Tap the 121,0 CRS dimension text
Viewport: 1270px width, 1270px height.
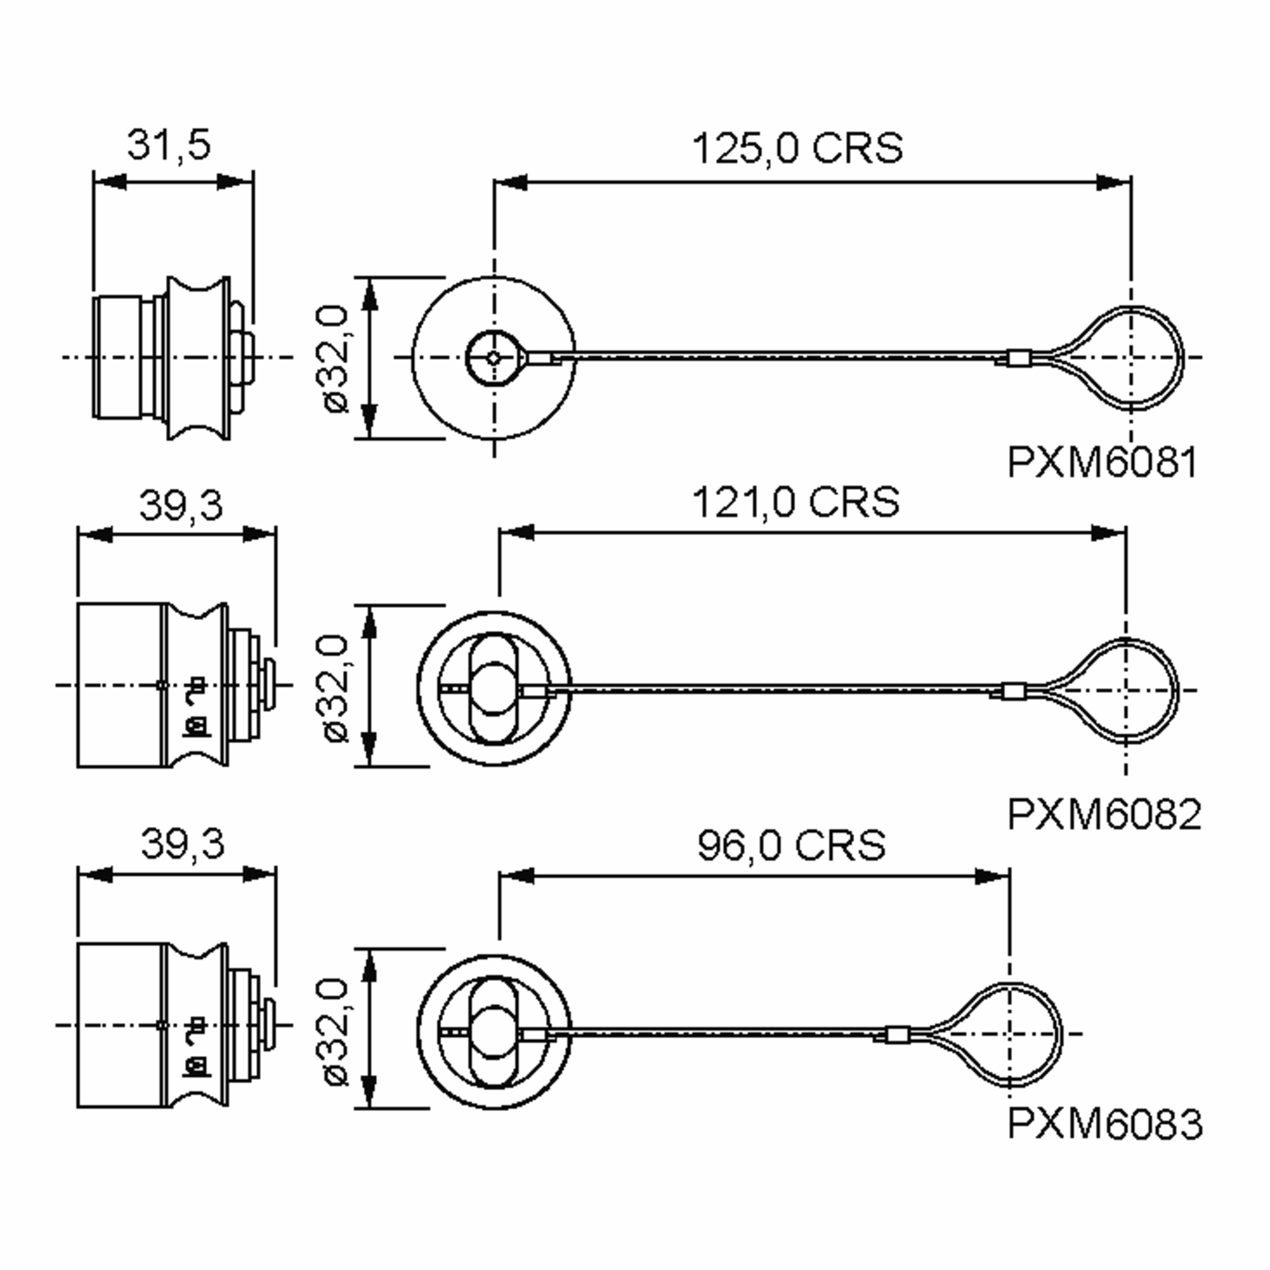tap(795, 502)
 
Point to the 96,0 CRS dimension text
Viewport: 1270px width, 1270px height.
tap(792, 846)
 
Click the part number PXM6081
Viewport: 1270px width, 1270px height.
tap(1102, 463)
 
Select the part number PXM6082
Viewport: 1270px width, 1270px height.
tap(1104, 814)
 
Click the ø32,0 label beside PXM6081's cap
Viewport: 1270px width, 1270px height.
tap(337, 358)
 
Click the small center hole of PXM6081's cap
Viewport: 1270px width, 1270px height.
tap(494, 358)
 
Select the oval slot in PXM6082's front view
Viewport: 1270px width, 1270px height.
tap(494, 688)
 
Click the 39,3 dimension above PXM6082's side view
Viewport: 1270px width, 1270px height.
tap(181, 505)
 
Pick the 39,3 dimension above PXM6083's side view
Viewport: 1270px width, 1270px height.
tap(183, 844)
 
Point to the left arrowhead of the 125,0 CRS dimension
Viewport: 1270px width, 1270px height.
tap(511, 182)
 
